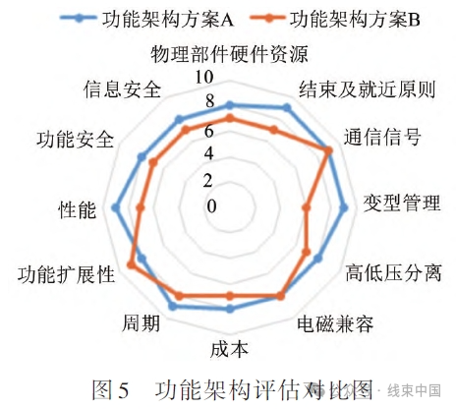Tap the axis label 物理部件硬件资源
click(x=229, y=54)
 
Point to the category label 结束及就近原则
click(x=368, y=89)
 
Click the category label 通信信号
click(x=382, y=137)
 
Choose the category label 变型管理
click(x=402, y=203)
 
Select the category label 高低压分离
click(x=393, y=272)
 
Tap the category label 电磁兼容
click(x=335, y=323)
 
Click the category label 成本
click(x=229, y=349)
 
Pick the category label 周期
click(x=141, y=323)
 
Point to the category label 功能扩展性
click(x=66, y=274)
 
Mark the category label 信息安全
click(x=123, y=89)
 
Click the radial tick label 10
click(x=204, y=78)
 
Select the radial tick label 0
click(x=211, y=206)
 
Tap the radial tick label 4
click(x=208, y=153)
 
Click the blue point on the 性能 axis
click(x=115, y=207)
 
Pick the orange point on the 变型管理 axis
click(x=307, y=207)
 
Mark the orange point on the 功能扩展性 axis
click(x=131, y=264)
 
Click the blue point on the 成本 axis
click(x=230, y=309)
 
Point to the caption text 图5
click(x=110, y=390)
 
